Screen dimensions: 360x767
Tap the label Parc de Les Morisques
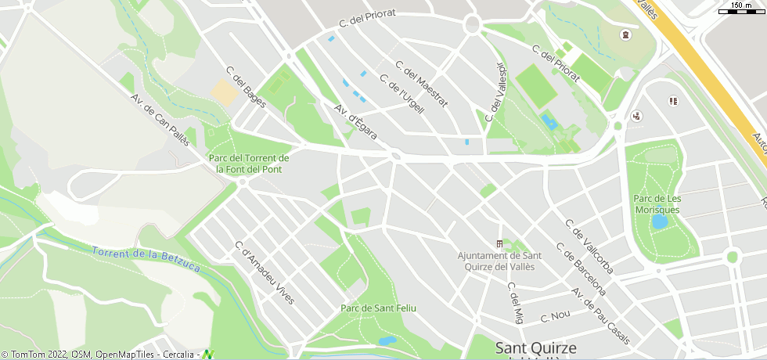[657, 204]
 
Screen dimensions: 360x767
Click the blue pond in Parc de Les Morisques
[660, 222]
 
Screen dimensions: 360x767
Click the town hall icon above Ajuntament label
[500, 244]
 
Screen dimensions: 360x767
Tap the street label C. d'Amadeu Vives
[265, 273]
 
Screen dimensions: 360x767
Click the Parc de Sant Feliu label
[378, 308]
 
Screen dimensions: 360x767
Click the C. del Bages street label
[246, 87]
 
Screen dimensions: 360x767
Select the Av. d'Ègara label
[356, 122]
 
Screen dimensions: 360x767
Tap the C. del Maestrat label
[422, 84]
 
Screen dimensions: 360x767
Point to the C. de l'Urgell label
[402, 94]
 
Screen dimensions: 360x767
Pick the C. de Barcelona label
[581, 268]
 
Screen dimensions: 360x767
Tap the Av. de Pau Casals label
[601, 315]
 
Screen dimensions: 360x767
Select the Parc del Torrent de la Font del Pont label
[249, 163]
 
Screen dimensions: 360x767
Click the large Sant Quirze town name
[536, 347]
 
